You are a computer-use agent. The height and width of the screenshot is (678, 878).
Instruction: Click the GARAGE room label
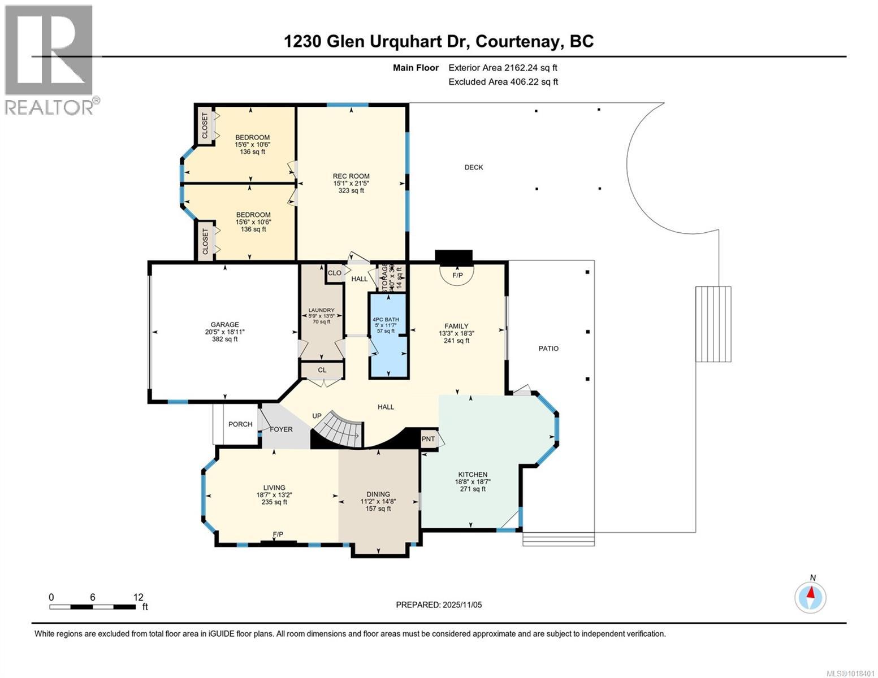coord(225,325)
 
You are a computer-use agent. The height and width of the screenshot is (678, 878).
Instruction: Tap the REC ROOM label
coord(351,176)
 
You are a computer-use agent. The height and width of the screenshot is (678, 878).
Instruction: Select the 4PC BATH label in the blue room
coord(386,320)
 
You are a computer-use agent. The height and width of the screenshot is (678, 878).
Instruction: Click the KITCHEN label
coord(473,475)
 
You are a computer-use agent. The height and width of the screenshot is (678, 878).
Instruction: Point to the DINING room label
coord(378,494)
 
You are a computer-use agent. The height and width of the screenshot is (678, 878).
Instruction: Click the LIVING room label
coord(274,488)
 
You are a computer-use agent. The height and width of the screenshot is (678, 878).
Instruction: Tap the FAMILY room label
coord(456,326)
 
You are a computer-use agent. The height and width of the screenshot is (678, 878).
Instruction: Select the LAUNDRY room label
coord(321,310)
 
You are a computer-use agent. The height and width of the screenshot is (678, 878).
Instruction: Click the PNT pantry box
coord(429,439)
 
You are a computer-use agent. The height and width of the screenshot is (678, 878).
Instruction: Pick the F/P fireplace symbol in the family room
coord(457,275)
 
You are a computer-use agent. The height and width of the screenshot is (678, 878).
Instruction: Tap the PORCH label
coord(240,424)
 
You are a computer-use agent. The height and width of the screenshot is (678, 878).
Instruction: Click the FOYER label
coord(281,429)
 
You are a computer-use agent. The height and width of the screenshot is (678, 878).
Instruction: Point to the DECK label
coord(474,167)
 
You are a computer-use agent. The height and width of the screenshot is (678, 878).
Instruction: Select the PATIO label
coord(548,349)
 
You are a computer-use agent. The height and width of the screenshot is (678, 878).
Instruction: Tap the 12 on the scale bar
coord(139,597)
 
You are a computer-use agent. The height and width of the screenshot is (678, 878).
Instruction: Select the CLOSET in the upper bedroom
coord(205,125)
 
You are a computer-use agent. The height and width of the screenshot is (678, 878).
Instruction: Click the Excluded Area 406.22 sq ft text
coord(503,82)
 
